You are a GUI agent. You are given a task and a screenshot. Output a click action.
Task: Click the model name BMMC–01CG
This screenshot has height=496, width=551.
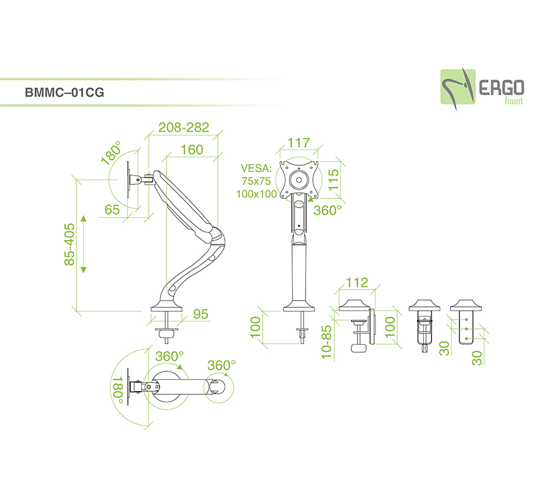pyautogui.click(x=64, y=94)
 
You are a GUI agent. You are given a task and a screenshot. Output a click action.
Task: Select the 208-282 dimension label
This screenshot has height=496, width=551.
pyautogui.click(x=184, y=127)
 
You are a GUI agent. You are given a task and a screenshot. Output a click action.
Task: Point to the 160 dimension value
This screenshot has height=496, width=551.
pyautogui.click(x=192, y=149)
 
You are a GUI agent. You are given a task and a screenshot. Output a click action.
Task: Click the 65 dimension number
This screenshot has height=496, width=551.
pyautogui.click(x=112, y=209)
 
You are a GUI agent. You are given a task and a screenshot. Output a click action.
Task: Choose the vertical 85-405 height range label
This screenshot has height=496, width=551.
pyautogui.click(x=69, y=244)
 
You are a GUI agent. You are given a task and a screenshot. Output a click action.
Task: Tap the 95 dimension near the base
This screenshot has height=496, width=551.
pyautogui.click(x=201, y=314)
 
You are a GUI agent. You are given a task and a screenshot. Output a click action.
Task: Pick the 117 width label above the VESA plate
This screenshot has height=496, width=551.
pyautogui.click(x=298, y=143)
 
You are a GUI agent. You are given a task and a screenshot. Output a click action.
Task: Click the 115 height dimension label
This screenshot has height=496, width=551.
pyautogui.click(x=334, y=182)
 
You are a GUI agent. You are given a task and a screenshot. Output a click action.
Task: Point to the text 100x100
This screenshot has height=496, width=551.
pyautogui.click(x=257, y=194)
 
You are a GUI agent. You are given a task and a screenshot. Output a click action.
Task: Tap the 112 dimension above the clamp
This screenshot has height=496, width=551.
pyautogui.click(x=357, y=282)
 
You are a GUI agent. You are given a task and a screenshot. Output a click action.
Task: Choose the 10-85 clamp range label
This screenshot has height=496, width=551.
pyautogui.click(x=326, y=342)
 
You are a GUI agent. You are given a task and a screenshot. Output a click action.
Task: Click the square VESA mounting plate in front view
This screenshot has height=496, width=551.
pyautogui.click(x=299, y=179)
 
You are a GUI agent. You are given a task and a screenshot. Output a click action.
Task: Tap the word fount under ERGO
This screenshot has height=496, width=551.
pyautogui.click(x=514, y=101)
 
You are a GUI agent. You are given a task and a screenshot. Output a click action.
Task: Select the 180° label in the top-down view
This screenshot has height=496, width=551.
pyautogui.click(x=118, y=389)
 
